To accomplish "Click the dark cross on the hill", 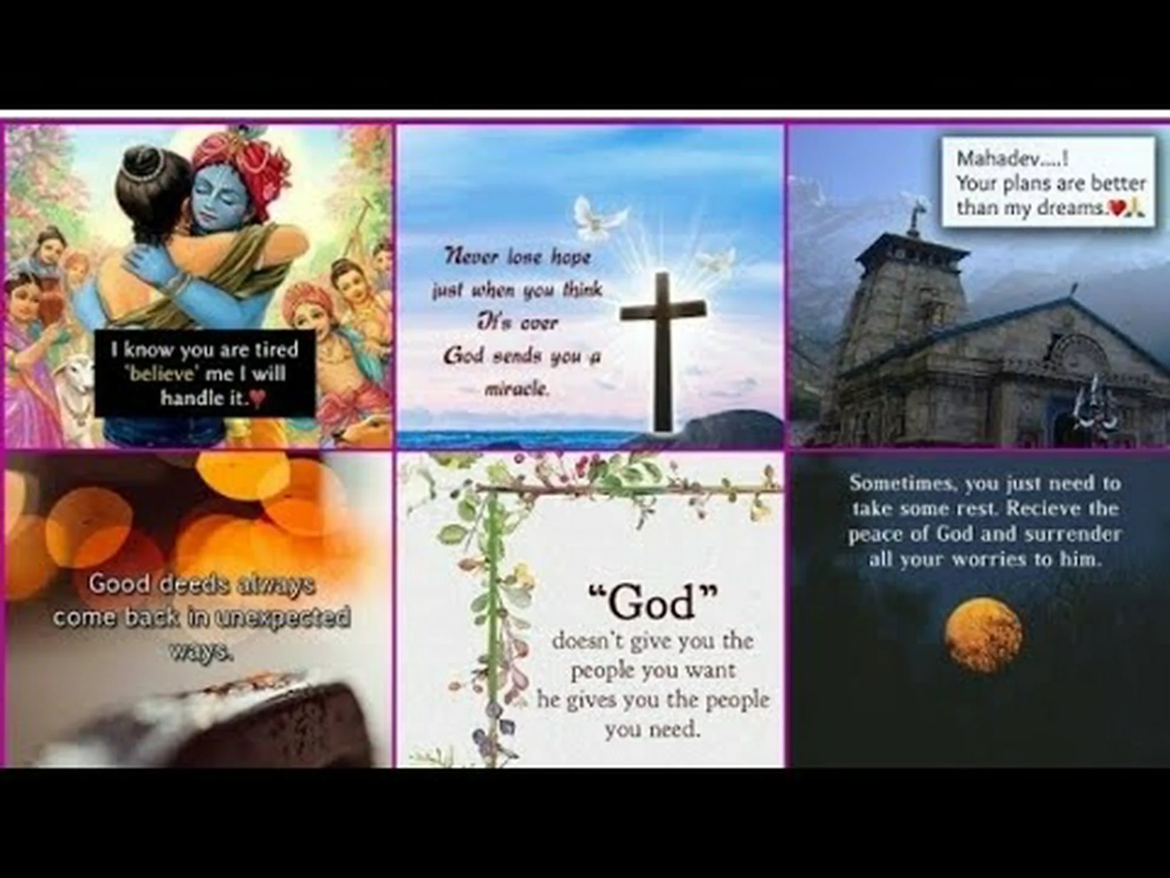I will (663, 341).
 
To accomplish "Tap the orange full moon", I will (983, 634).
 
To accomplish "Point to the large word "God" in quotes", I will (653, 602).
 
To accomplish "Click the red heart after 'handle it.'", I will (258, 399).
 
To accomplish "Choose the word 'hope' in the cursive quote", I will (571, 257).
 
